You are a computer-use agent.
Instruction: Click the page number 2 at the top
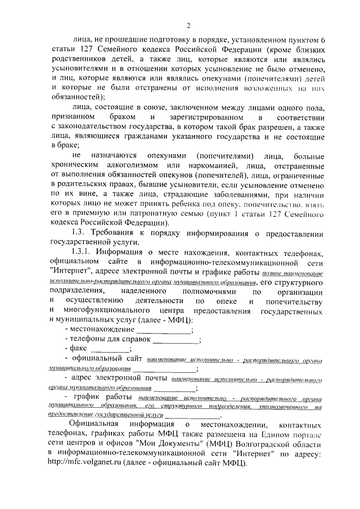click(189, 24)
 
